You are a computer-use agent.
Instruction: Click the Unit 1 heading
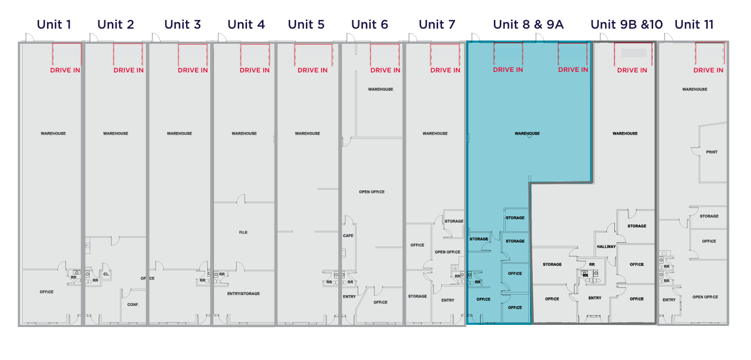pyautogui.click(x=54, y=25)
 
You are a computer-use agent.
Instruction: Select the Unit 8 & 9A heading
pyautogui.click(x=528, y=25)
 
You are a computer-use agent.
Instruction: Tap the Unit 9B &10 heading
pyautogui.click(x=626, y=25)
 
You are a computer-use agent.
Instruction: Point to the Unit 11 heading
pyautogui.click(x=694, y=25)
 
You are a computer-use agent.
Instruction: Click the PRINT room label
pyautogui.click(x=712, y=152)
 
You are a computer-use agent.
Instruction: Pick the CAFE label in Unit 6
pyautogui.click(x=348, y=236)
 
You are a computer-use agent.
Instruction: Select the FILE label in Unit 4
pyautogui.click(x=243, y=232)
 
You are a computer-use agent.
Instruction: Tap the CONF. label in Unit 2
pyautogui.click(x=133, y=304)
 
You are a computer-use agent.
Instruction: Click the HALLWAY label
pyautogui.click(x=606, y=247)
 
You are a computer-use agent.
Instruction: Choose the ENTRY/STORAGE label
pyautogui.click(x=243, y=294)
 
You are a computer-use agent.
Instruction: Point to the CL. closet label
pyautogui.click(x=106, y=274)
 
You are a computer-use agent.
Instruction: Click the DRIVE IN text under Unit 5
pyautogui.click(x=312, y=70)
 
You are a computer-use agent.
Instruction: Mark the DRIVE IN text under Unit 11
pyautogui.click(x=708, y=70)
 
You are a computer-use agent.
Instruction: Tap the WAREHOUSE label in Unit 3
pyautogui.click(x=179, y=134)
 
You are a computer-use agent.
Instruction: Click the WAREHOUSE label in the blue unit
pyautogui.click(x=527, y=134)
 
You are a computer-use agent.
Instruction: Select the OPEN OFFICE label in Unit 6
pyautogui.click(x=372, y=192)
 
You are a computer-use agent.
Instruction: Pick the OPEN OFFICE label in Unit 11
pyautogui.click(x=705, y=297)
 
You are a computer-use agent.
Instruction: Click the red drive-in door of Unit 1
pyautogui.click(x=66, y=54)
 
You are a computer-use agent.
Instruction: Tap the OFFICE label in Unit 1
pyautogui.click(x=46, y=292)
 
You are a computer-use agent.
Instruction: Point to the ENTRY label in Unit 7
pyautogui.click(x=447, y=301)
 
